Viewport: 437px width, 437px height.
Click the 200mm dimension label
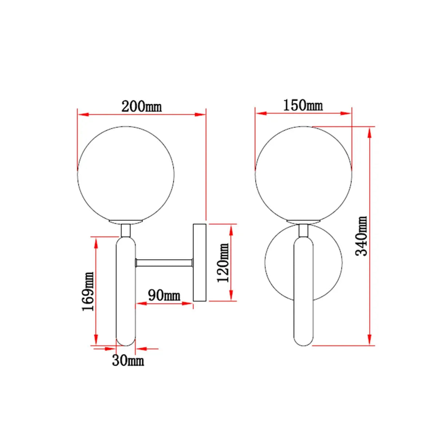click(142, 106)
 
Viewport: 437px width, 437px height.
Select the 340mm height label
click(361, 236)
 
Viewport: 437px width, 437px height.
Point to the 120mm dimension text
click(223, 263)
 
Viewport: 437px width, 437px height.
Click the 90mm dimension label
click(164, 295)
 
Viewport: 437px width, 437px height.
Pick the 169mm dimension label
click(88, 291)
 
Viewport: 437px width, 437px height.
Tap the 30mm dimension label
click(128, 361)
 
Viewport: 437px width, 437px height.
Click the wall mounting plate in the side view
click(200, 263)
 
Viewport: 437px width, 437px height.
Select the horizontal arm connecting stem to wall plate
click(164, 263)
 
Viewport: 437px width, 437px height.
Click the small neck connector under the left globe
click(126, 231)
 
